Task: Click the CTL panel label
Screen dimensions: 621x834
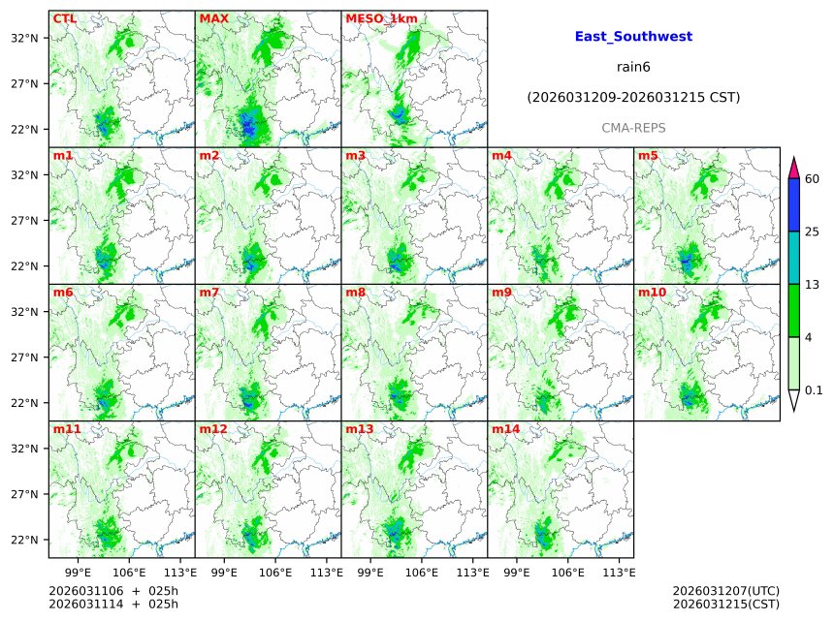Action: pyautogui.click(x=64, y=18)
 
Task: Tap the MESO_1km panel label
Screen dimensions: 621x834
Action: pyautogui.click(x=377, y=18)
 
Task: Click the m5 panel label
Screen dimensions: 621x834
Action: pyautogui.click(x=647, y=155)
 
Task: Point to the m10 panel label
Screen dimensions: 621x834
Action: pyautogui.click(x=652, y=292)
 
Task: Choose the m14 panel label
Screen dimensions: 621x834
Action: pyautogui.click(x=505, y=428)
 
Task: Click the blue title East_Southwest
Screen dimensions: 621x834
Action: pyautogui.click(x=633, y=37)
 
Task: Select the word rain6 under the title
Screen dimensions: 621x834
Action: pyautogui.click(x=633, y=67)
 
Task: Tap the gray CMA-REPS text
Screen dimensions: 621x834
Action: pyautogui.click(x=633, y=128)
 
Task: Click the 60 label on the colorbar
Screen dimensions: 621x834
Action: pyautogui.click(x=813, y=179)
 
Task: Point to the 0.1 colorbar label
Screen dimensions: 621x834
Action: pyautogui.click(x=814, y=390)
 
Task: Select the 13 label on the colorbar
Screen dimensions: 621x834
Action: pyautogui.click(x=813, y=284)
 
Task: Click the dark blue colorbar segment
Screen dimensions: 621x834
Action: pyautogui.click(x=794, y=204)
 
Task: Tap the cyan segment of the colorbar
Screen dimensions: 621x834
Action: pyautogui.click(x=794, y=257)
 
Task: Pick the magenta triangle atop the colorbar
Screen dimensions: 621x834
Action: pyautogui.click(x=794, y=168)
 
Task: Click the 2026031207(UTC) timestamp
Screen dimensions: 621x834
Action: pyautogui.click(x=725, y=591)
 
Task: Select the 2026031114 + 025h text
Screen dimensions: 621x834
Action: pyautogui.click(x=113, y=605)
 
